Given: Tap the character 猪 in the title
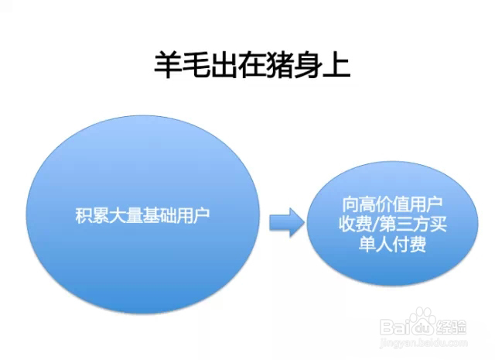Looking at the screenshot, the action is [280, 65].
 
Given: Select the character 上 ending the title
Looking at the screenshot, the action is [336, 65].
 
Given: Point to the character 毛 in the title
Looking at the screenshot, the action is [196, 65].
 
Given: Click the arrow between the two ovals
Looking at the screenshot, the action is [287, 222].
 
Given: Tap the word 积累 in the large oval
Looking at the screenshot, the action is [92, 216].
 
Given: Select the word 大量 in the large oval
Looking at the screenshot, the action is [125, 216].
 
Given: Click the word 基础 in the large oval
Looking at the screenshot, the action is [159, 216].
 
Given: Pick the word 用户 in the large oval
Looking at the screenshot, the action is [193, 216].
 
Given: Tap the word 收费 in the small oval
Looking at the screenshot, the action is [356, 225].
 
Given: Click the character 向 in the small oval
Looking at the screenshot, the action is [350, 205].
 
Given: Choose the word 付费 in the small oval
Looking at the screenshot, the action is [409, 244].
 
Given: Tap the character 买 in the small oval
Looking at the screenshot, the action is [439, 225].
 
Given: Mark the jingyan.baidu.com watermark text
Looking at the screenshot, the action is [424, 343].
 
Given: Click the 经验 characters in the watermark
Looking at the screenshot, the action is [451, 327].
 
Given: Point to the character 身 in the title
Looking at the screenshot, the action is [308, 65].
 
